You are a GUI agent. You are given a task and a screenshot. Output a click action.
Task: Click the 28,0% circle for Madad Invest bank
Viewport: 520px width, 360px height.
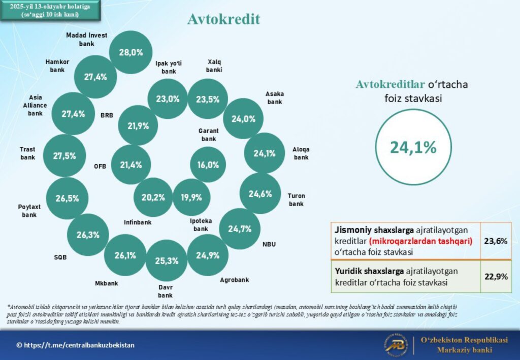(131, 52)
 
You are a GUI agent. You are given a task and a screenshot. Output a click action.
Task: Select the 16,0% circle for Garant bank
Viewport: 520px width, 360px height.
(208, 165)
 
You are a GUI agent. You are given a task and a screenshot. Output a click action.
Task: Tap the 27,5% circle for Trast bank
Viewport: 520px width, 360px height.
(64, 156)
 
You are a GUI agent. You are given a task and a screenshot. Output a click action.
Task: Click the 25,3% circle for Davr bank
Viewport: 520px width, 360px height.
(167, 261)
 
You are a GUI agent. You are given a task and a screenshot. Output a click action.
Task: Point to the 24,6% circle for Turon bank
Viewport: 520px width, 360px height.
(260, 193)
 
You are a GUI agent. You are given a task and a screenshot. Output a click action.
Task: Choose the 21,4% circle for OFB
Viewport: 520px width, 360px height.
(131, 165)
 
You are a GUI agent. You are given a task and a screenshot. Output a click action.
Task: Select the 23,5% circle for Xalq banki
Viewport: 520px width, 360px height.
(208, 99)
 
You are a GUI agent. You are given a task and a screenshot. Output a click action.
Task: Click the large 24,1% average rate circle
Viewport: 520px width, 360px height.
(413, 147)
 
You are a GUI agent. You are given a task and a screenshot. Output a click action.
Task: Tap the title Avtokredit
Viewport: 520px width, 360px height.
(223, 19)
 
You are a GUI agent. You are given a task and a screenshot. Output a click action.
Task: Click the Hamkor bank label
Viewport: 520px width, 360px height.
(57, 66)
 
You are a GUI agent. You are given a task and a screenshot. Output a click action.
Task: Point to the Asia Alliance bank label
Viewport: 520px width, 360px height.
(38, 105)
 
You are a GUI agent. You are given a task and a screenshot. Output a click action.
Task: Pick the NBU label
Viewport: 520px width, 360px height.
(269, 244)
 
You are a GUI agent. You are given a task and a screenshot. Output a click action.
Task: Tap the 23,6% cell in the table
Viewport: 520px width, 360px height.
(496, 241)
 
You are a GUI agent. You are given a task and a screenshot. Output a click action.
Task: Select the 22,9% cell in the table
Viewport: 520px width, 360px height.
(496, 276)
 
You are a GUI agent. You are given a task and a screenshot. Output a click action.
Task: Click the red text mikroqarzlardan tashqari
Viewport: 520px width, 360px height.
(421, 241)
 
